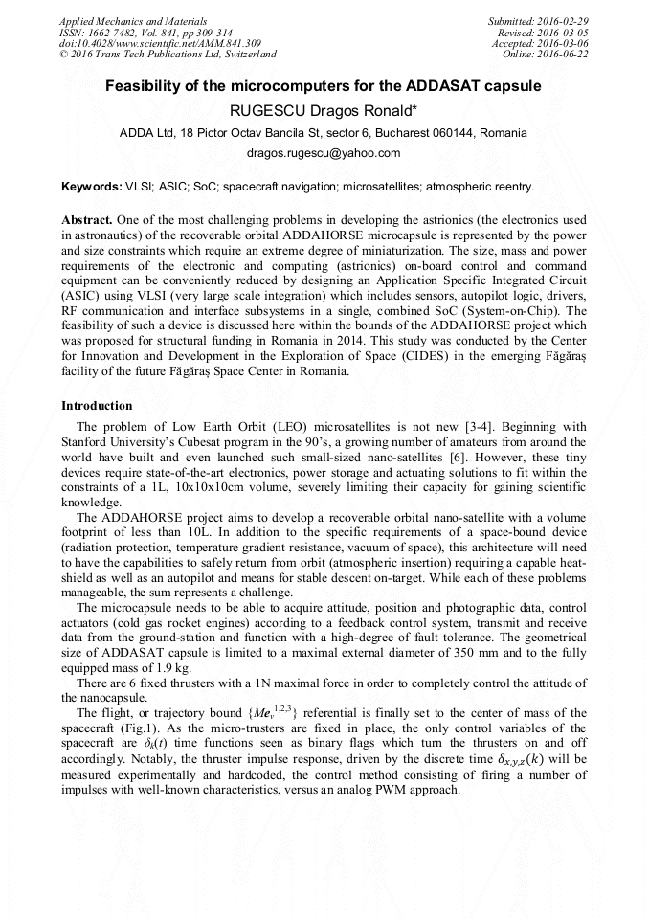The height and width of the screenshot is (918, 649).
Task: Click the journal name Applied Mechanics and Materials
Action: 133,21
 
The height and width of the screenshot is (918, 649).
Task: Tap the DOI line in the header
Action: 160,44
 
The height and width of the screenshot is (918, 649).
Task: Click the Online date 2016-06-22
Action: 567,55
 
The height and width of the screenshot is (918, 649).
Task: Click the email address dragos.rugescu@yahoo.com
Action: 324,153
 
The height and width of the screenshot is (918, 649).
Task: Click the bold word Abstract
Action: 87,219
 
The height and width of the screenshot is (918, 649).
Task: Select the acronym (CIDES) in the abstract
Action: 376,359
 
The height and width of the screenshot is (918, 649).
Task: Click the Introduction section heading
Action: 97,406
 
